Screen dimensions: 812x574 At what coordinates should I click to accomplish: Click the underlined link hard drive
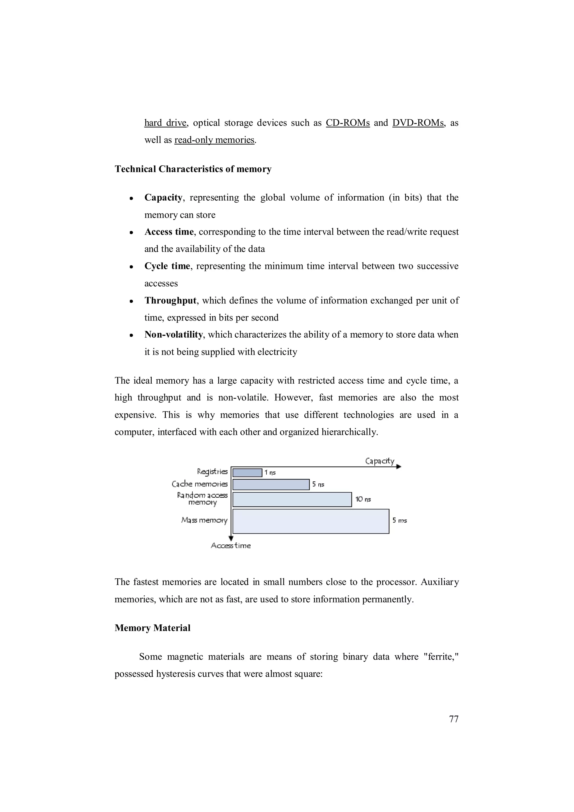(165, 123)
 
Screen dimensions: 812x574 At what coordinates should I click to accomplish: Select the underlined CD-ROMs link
(347, 123)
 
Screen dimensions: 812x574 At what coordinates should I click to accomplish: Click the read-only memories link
(214, 140)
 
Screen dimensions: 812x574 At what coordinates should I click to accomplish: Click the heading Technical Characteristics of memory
(193, 169)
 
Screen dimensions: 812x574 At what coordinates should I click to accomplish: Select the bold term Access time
(169, 232)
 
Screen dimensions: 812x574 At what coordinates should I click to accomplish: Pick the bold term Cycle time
(167, 266)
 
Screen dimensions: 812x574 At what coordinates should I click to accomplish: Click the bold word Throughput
(170, 300)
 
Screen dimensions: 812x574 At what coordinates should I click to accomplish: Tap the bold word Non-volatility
(173, 335)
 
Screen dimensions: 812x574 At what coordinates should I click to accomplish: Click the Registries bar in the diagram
(247, 472)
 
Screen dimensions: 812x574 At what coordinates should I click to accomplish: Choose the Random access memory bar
(292, 499)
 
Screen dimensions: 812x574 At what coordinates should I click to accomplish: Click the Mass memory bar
(311, 521)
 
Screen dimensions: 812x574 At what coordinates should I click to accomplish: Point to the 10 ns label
(363, 499)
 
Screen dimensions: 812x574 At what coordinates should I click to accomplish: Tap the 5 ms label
(399, 521)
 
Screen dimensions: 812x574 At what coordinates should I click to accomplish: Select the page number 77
(453, 719)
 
